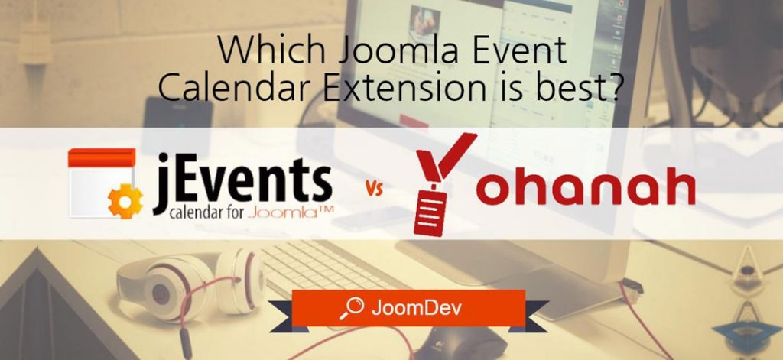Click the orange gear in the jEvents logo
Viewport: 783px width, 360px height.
tap(125, 201)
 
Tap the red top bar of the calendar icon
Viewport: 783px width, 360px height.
tap(102, 157)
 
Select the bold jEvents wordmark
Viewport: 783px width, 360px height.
tap(242, 182)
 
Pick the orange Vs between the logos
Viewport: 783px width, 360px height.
tap(375, 189)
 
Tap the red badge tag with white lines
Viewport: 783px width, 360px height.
tap(430, 212)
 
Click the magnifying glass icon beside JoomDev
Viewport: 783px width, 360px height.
tap(352, 308)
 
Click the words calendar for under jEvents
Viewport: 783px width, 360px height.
tap(206, 213)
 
